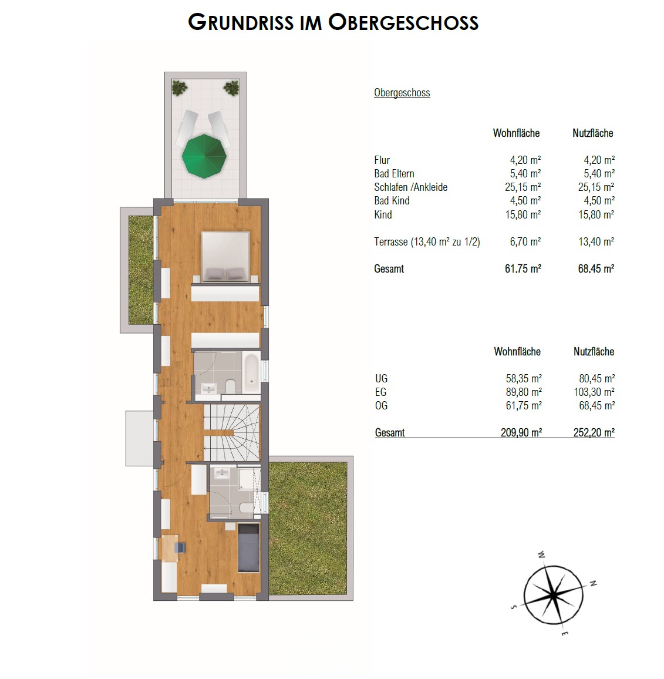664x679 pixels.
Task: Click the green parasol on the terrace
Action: (204, 156)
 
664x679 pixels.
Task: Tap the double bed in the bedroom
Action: (225, 257)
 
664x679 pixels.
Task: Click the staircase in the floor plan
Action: (231, 433)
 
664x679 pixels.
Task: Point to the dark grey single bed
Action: (248, 548)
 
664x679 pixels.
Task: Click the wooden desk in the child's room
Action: (168, 548)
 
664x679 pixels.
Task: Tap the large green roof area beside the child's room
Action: (308, 528)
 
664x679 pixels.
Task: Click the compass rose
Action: (553, 594)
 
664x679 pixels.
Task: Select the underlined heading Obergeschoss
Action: (402, 93)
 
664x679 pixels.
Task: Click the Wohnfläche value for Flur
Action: (525, 160)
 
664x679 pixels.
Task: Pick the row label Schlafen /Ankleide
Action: (411, 187)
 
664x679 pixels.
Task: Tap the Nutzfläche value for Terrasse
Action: (596, 241)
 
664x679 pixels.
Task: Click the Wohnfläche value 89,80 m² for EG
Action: (524, 392)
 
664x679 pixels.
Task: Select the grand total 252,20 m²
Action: (594, 433)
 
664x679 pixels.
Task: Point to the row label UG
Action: (382, 378)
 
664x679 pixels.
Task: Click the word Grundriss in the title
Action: (241, 22)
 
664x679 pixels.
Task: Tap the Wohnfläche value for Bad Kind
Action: (525, 201)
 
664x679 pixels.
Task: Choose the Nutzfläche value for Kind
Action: (596, 214)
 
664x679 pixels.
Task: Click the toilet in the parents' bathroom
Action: (230, 385)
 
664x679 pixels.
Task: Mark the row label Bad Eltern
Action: (395, 174)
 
